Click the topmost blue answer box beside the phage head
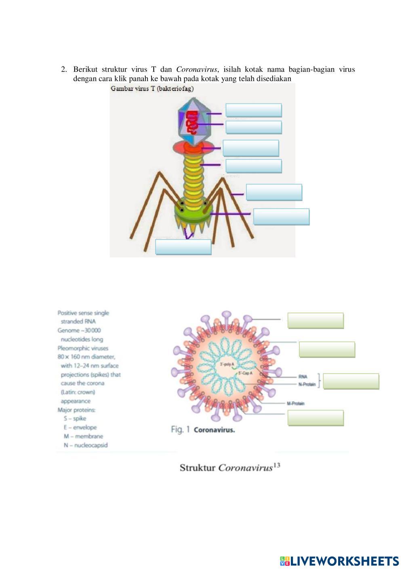pos(253,110)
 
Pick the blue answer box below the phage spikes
pos(183,247)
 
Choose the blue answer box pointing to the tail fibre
pos(274,192)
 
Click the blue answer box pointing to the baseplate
pos(281,216)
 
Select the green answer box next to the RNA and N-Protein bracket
pos(351,381)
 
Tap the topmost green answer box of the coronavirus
pos(316,321)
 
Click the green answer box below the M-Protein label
pos(316,418)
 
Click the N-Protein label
pos(307,384)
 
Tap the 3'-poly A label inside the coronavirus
pos(227,365)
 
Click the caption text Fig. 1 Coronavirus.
pos(203,430)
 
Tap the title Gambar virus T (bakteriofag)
pos(152,89)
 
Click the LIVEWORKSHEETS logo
pos(339,561)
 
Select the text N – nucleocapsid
pos(85,445)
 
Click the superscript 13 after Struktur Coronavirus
pos(277,465)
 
